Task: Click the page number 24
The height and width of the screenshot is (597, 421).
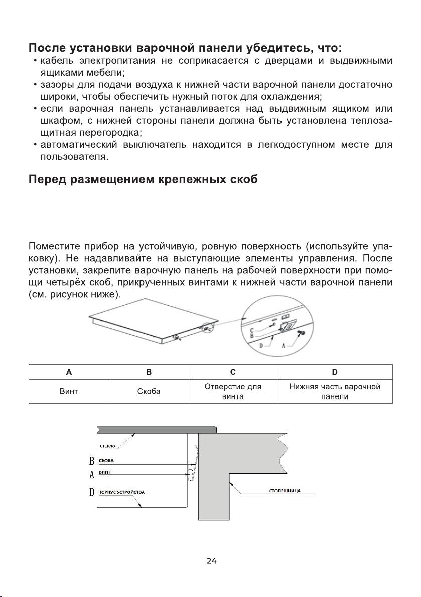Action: pos(211,561)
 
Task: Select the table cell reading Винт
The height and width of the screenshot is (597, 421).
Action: pos(69,391)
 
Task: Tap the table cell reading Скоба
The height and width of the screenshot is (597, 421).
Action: pos(149,391)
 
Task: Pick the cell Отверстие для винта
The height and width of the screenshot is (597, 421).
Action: pos(233,391)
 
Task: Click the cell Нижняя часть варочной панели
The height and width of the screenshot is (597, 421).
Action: pos(334,391)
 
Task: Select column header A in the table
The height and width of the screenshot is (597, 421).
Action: pos(69,372)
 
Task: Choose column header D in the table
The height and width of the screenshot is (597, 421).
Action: pos(334,372)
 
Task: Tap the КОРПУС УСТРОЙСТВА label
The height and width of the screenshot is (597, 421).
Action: pos(121,492)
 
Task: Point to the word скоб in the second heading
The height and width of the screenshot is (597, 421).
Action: pos(241,180)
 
